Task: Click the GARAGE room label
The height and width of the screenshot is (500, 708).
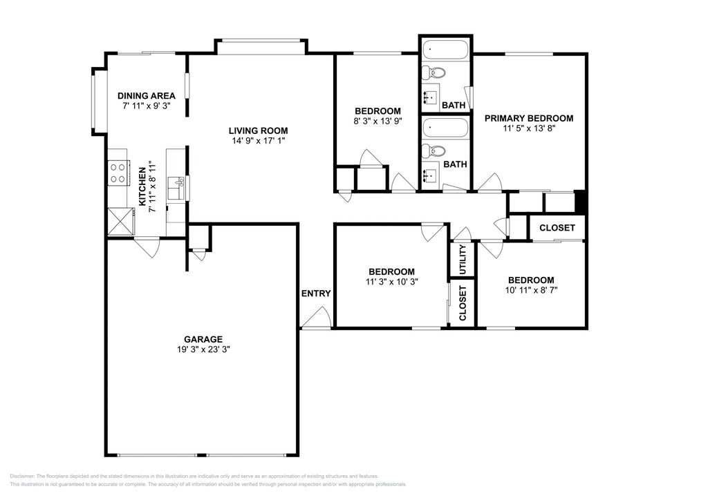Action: pyautogui.click(x=203, y=340)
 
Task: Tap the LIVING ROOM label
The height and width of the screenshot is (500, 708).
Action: pyautogui.click(x=258, y=131)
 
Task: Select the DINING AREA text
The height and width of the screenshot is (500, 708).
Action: pyautogui.click(x=147, y=95)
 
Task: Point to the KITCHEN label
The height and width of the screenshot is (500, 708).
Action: pyautogui.click(x=142, y=186)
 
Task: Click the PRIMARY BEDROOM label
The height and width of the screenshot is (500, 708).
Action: pyautogui.click(x=529, y=118)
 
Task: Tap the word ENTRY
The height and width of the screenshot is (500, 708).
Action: pyautogui.click(x=316, y=294)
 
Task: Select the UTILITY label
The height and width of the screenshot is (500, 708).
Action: pyautogui.click(x=463, y=260)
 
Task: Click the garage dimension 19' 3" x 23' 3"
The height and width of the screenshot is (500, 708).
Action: pyautogui.click(x=203, y=349)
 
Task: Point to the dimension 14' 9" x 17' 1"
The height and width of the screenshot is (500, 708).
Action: pyautogui.click(x=259, y=141)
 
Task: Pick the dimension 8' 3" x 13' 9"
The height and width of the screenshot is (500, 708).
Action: pyautogui.click(x=378, y=121)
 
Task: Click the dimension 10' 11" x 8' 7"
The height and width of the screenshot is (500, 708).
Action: pyautogui.click(x=531, y=290)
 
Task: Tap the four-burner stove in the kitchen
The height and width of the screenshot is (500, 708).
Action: pyautogui.click(x=119, y=173)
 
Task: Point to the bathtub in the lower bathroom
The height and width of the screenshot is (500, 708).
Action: pyautogui.click(x=446, y=127)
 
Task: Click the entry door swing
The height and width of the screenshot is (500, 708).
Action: pyautogui.click(x=317, y=316)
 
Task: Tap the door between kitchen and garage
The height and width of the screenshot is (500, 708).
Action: pyautogui.click(x=147, y=247)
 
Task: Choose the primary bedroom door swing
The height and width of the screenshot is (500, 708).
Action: pyautogui.click(x=490, y=182)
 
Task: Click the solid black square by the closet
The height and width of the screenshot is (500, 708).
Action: pyautogui.click(x=580, y=202)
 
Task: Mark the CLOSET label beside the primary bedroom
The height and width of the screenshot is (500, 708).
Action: pyautogui.click(x=557, y=228)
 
